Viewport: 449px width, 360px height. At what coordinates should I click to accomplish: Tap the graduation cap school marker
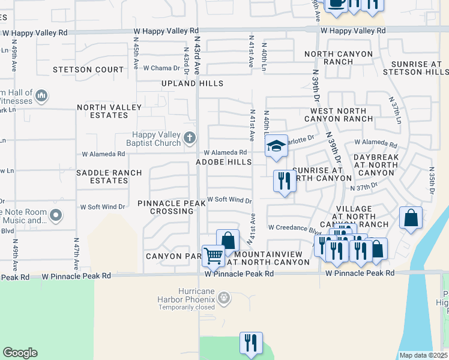[x=276, y=146]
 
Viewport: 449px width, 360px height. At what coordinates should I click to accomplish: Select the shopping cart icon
[x=213, y=256]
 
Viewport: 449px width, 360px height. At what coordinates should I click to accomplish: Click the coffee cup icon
[x=336, y=3]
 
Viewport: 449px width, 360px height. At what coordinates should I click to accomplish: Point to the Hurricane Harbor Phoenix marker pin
[x=223, y=298]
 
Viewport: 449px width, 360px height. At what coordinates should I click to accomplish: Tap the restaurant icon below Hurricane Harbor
[x=250, y=343]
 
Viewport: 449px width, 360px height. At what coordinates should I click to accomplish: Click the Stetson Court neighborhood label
[x=89, y=70]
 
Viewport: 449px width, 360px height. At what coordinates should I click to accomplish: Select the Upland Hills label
[x=192, y=83]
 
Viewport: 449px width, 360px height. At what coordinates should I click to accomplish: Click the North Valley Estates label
[x=109, y=112]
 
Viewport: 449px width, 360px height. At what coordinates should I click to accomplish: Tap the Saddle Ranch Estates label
[x=109, y=176]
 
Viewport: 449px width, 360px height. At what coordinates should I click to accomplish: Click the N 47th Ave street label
[x=77, y=252]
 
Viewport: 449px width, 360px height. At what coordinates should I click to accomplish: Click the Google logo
[x=20, y=353]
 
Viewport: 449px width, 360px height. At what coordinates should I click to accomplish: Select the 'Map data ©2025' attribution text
[x=423, y=355]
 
